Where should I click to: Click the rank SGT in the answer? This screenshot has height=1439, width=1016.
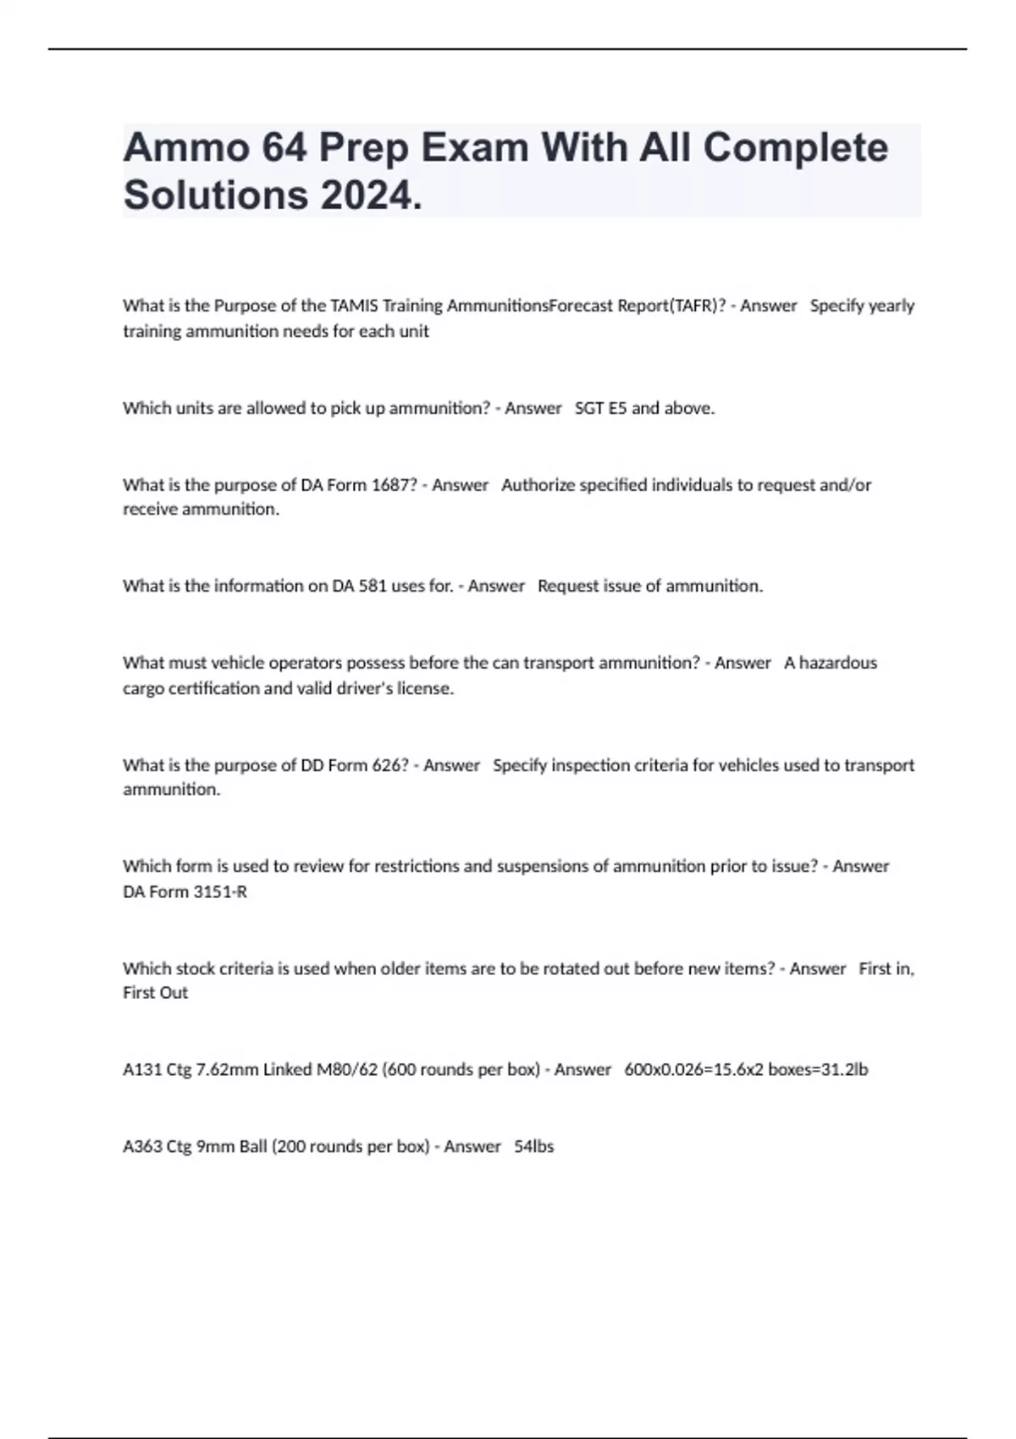coord(589,408)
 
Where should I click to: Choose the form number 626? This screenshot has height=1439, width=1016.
coord(389,765)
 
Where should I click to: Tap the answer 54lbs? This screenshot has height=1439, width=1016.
coord(533,1147)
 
